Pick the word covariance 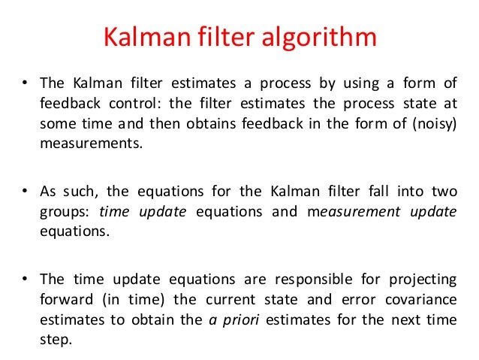click(x=420, y=299)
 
